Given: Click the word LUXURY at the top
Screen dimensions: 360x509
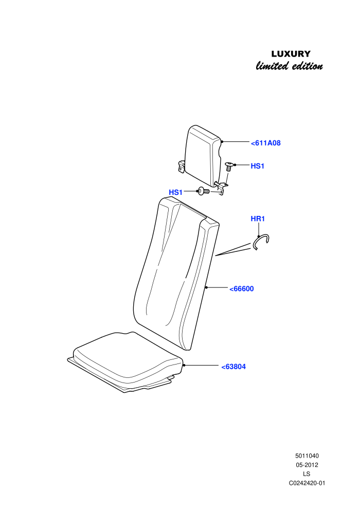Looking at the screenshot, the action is tap(291, 54).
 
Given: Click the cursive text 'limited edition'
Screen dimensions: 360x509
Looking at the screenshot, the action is tap(289, 66).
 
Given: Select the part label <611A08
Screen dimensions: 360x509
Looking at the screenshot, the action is tap(265, 143).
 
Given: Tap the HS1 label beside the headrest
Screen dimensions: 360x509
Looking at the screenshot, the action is tap(258, 166).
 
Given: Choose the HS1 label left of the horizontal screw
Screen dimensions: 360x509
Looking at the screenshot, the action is tap(175, 192).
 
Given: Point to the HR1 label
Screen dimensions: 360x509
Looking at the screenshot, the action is tap(258, 219).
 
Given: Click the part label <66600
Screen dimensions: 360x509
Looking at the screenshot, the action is tap(242, 288).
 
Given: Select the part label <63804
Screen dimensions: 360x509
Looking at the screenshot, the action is tap(233, 367).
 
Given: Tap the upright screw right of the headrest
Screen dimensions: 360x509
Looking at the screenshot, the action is tap(229, 167).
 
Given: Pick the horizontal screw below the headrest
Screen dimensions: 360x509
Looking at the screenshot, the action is tap(204, 192).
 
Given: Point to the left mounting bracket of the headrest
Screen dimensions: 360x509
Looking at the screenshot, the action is tap(181, 166).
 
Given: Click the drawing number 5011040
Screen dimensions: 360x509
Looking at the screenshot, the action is tap(307, 456).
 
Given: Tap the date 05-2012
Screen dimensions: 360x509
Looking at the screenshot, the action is tap(307, 465).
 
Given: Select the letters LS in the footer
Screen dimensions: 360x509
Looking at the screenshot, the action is tap(307, 474).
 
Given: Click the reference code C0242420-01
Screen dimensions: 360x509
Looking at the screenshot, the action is tap(307, 483).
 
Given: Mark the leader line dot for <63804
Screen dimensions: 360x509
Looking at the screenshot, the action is tap(184, 365).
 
